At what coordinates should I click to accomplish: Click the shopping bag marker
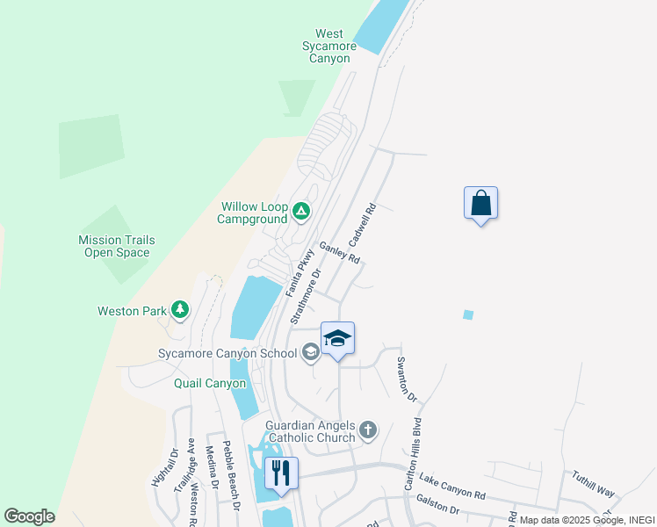480,203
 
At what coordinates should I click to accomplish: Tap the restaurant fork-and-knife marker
280,473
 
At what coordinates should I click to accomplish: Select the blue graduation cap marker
337,338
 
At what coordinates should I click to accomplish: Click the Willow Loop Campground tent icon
300,210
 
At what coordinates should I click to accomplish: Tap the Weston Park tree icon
180,309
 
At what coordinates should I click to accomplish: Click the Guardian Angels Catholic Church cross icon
367,430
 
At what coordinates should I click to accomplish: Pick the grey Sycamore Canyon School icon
310,353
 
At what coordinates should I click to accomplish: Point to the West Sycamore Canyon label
329,47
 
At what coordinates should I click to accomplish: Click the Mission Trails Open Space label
117,246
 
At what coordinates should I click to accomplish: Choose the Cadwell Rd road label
362,225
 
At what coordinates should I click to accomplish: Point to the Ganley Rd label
340,253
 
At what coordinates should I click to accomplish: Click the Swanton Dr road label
406,379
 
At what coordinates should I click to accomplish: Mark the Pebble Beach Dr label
230,476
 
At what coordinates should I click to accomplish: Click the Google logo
29,516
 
